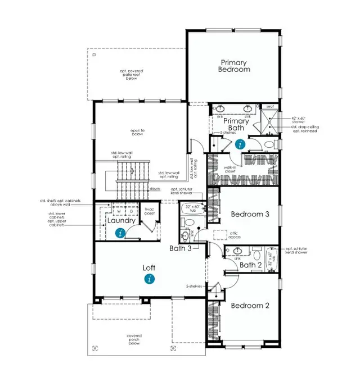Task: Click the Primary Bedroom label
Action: pos(235,66)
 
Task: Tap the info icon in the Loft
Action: pos(149,279)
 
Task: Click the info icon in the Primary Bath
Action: pos(241,144)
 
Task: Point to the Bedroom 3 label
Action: pos(250,214)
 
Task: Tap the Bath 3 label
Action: pos(181,248)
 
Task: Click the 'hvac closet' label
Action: pos(149,212)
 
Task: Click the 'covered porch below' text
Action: pos(134,339)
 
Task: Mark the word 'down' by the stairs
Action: pos(155,189)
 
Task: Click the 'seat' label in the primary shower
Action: pos(269,106)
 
